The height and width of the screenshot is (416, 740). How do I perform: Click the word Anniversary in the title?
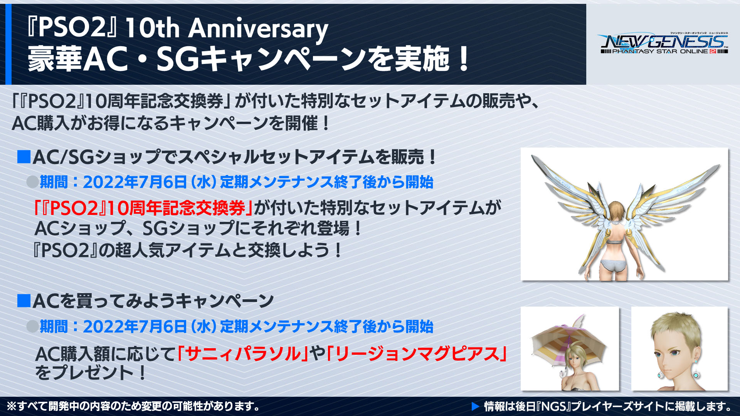(x=258, y=29)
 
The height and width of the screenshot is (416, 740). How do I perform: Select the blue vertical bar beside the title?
(x=8, y=44)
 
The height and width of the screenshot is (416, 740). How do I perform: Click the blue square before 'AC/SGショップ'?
(x=24, y=157)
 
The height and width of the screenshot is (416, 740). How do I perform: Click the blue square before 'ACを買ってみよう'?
(x=24, y=300)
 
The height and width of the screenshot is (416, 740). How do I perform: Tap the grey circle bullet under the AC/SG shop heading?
(x=32, y=181)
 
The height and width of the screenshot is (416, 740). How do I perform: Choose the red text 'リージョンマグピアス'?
(x=416, y=354)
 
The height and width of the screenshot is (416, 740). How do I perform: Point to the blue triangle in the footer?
(x=475, y=406)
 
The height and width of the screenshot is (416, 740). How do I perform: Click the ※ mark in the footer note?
(x=12, y=406)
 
